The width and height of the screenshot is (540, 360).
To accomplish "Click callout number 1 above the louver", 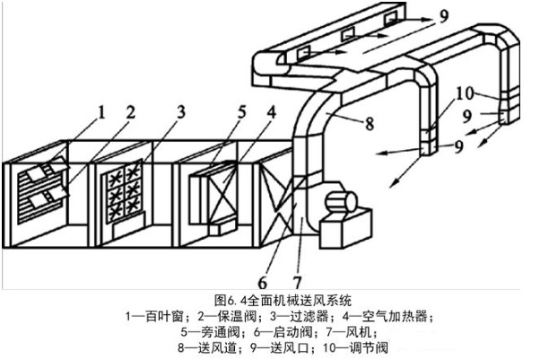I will [101, 112].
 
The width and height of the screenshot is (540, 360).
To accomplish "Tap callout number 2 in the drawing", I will [130, 112].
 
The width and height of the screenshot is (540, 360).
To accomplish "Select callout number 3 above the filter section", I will [181, 112].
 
